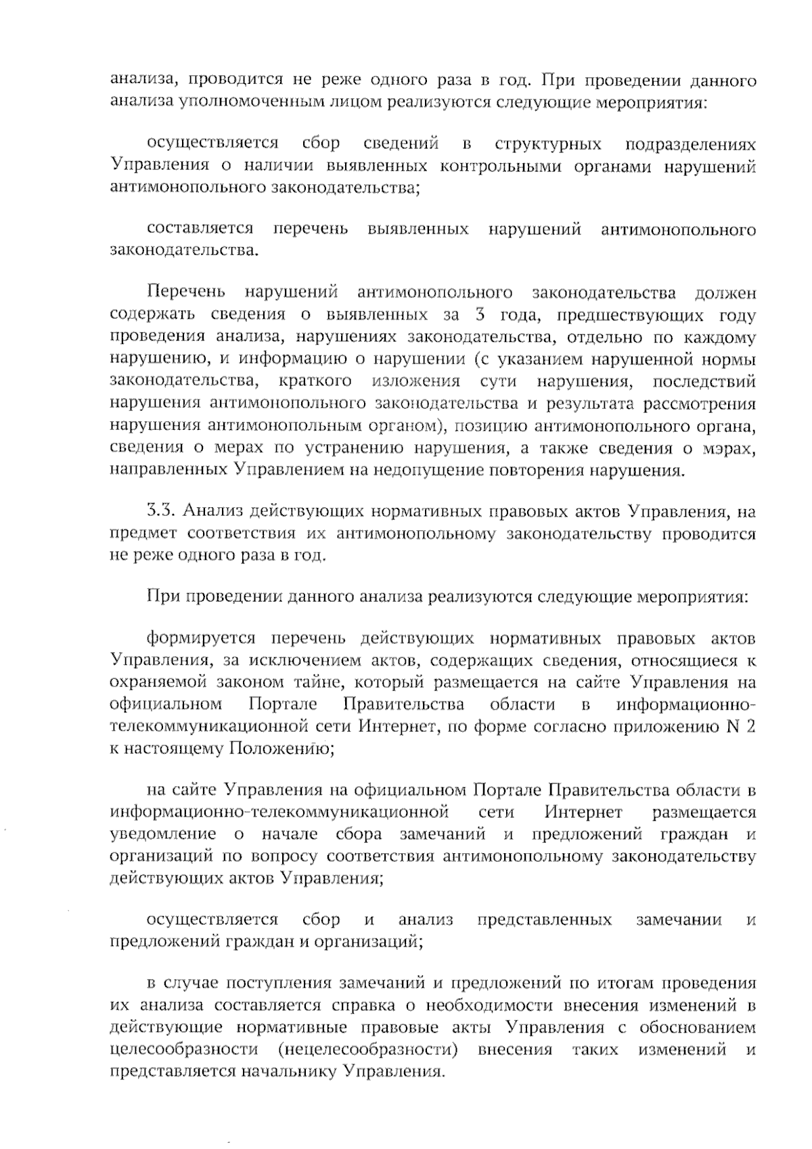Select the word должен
pos(725,293)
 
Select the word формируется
pos(201,638)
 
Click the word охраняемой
pos(152,682)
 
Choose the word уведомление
pos(163,834)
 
